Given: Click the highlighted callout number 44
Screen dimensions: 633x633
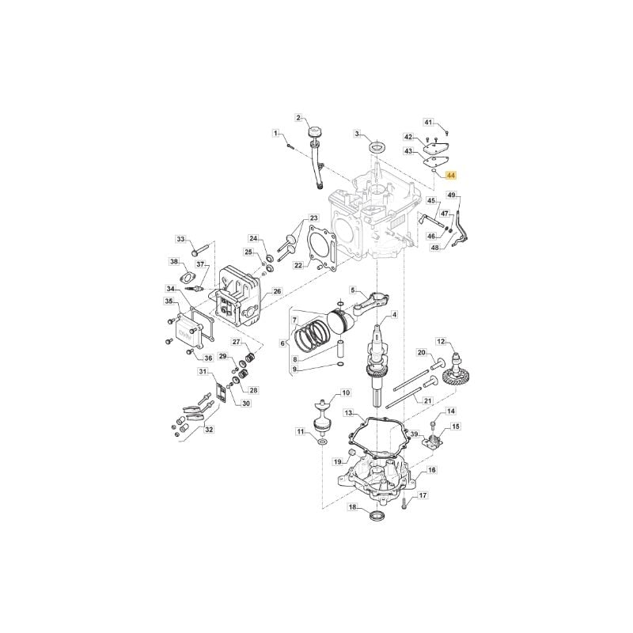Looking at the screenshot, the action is point(450,175).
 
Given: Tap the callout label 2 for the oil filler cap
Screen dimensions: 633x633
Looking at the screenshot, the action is point(299,118).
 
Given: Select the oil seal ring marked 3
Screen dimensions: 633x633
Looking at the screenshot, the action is point(377,147).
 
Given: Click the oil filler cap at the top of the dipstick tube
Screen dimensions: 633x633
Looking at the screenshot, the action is point(313,132).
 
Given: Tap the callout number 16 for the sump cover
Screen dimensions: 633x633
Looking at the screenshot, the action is point(431,470).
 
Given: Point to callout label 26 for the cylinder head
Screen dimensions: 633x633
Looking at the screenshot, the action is point(276,291).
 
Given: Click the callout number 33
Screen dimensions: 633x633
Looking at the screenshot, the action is point(180,239).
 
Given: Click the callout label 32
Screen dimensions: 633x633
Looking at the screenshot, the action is point(209,430).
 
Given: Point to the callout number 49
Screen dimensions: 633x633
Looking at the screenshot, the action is point(452,195).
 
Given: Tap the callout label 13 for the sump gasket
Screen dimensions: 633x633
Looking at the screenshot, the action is point(348,413).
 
